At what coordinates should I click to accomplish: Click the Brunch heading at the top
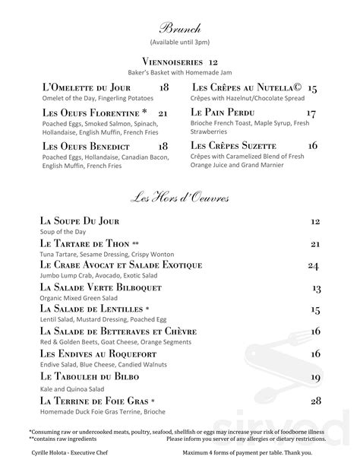(x=180, y=27)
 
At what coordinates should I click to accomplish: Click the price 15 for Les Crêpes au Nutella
(x=312, y=89)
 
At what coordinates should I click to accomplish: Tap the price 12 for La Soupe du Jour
(x=315, y=221)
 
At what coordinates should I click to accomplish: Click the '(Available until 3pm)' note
(x=179, y=43)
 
